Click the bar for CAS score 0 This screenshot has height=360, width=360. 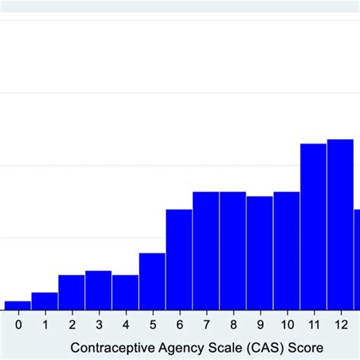17,305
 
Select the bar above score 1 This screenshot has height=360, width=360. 44,302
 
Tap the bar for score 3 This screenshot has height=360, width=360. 98,290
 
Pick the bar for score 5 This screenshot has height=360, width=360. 152,281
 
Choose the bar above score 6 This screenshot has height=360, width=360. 178,260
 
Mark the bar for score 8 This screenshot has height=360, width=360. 232,251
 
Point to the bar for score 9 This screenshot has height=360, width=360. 259,253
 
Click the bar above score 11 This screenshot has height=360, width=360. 313,226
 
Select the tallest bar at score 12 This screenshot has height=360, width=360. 340,225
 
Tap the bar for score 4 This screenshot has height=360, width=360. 125,292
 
